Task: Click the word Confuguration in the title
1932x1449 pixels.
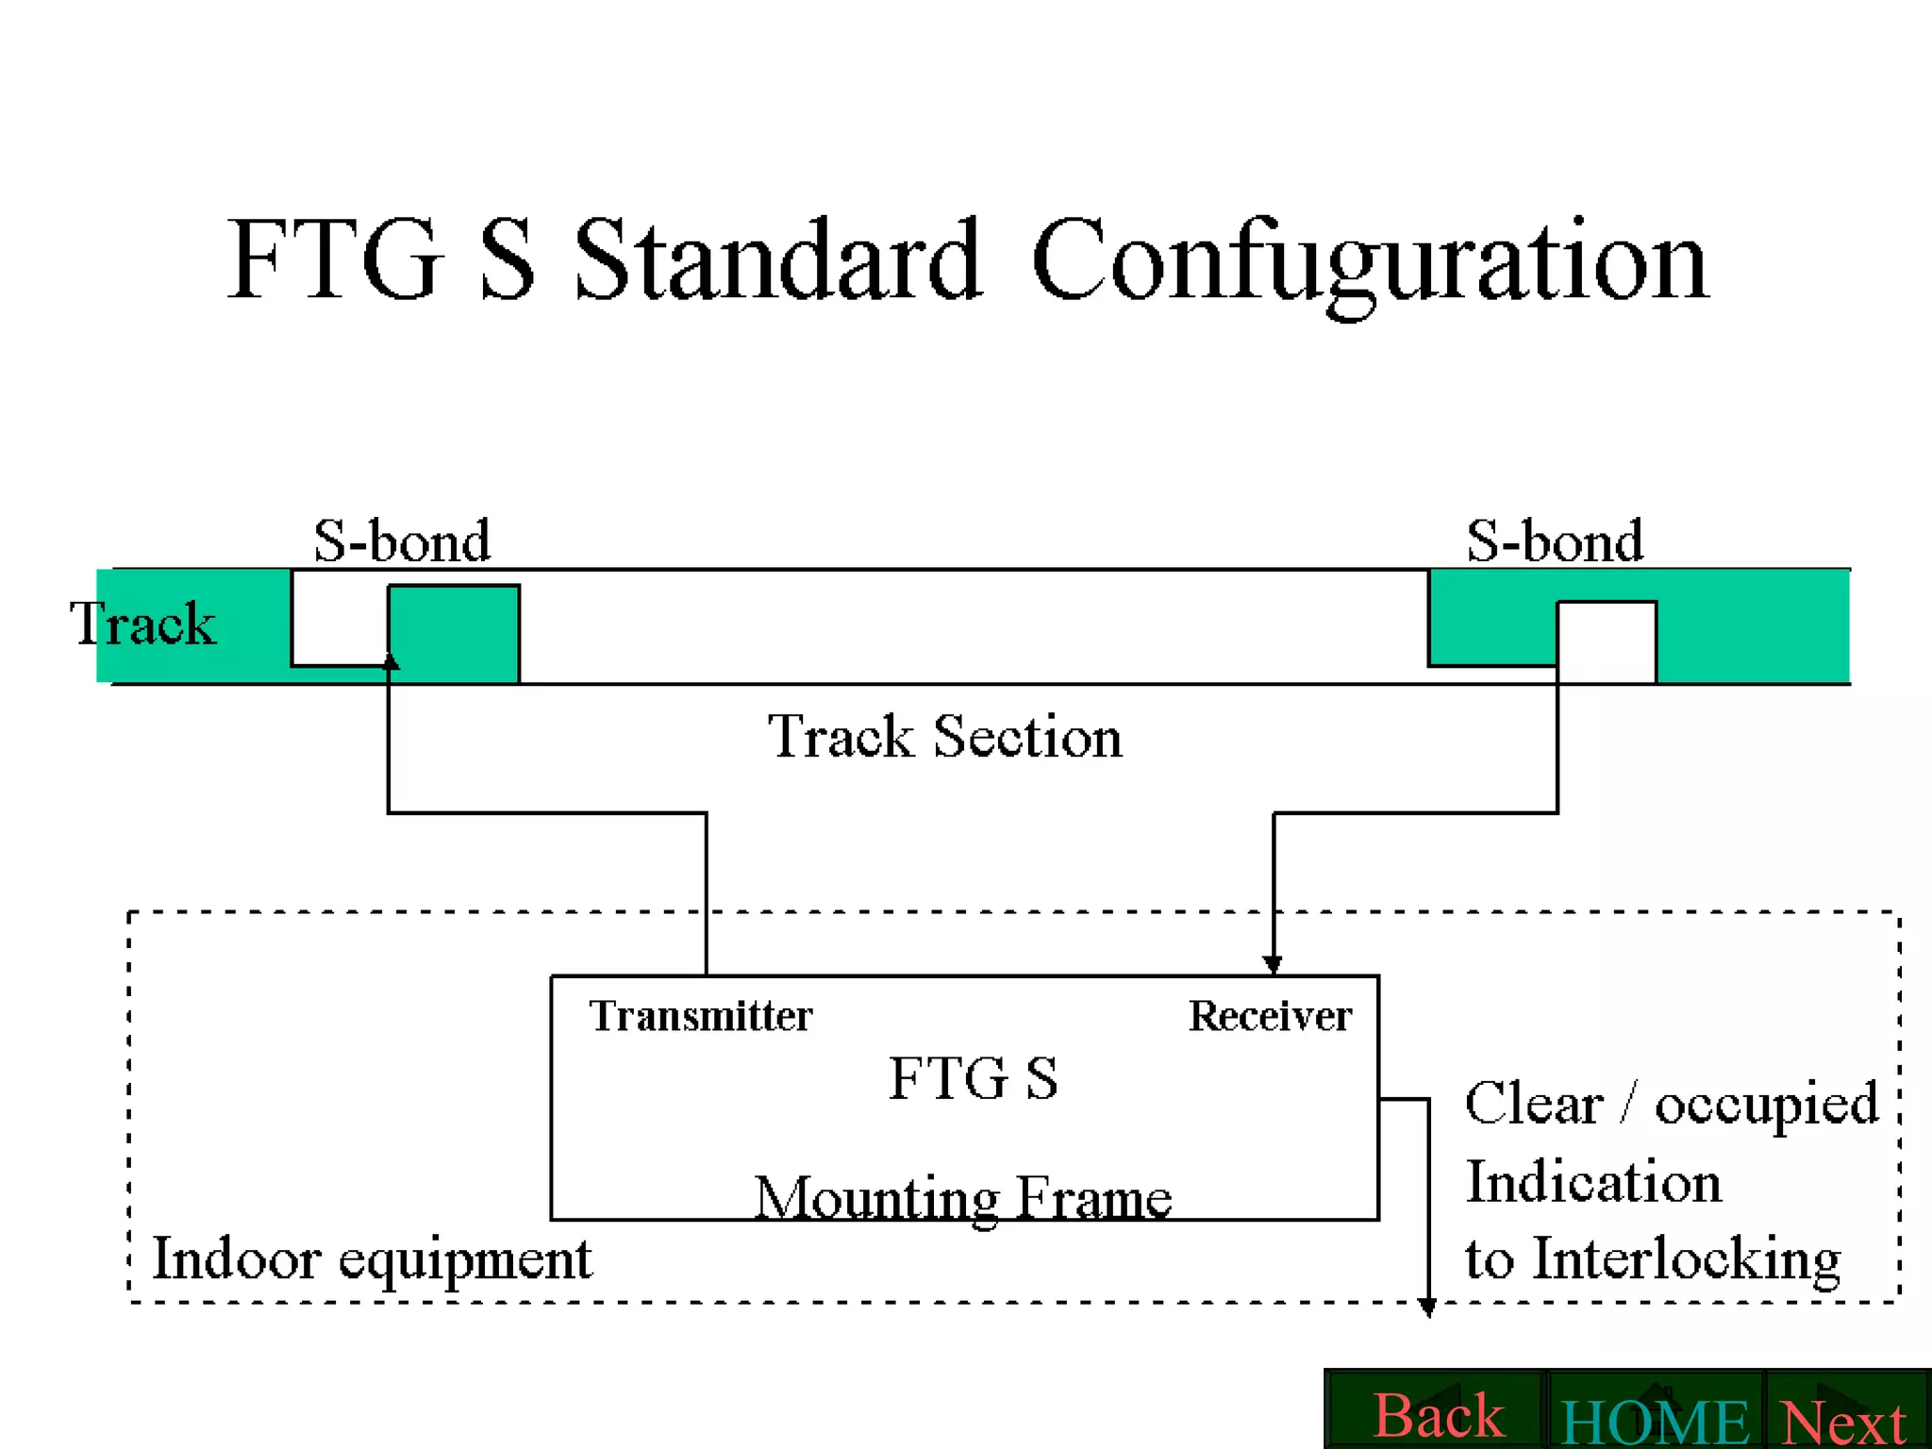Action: click(x=1369, y=259)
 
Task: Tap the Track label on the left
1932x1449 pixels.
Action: click(x=142, y=624)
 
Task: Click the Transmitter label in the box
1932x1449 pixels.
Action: click(x=700, y=1016)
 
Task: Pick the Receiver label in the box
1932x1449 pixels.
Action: click(x=1270, y=1016)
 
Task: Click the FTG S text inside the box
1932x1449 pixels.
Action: click(x=973, y=1077)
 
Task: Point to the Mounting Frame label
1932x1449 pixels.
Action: click(x=962, y=1198)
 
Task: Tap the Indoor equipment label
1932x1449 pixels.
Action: click(x=372, y=1258)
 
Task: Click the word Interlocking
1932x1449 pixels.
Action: click(x=1686, y=1258)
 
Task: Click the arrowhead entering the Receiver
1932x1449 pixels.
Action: click(x=1273, y=965)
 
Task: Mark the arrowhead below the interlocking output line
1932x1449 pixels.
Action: click(x=1427, y=1307)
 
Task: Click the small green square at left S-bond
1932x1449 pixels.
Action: click(x=454, y=633)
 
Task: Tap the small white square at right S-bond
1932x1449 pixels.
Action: click(x=1607, y=641)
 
